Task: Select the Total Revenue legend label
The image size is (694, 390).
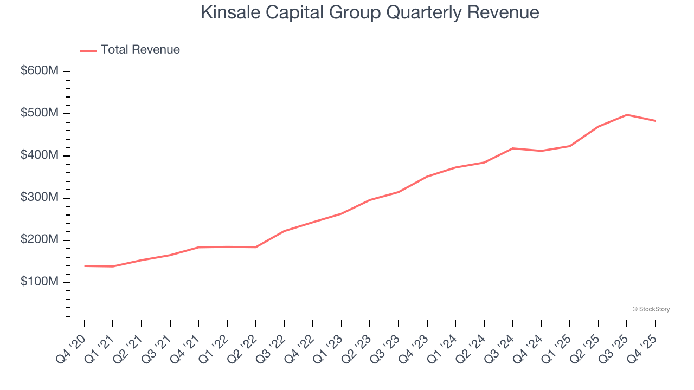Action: point(140,50)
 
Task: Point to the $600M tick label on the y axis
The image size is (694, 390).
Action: point(39,71)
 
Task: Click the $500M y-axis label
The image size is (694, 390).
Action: point(39,113)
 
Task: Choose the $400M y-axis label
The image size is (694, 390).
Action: point(39,155)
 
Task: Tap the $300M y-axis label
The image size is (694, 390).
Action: point(39,198)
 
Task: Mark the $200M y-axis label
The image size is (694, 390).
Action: point(39,240)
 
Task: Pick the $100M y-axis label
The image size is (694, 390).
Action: point(39,282)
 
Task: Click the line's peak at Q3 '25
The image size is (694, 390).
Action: point(627,115)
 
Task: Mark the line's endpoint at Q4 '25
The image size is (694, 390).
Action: point(656,121)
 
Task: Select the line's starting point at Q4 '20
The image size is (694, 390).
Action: point(85,266)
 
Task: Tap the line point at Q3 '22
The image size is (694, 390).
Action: point(284,231)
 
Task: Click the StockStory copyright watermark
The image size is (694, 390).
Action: point(651,309)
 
